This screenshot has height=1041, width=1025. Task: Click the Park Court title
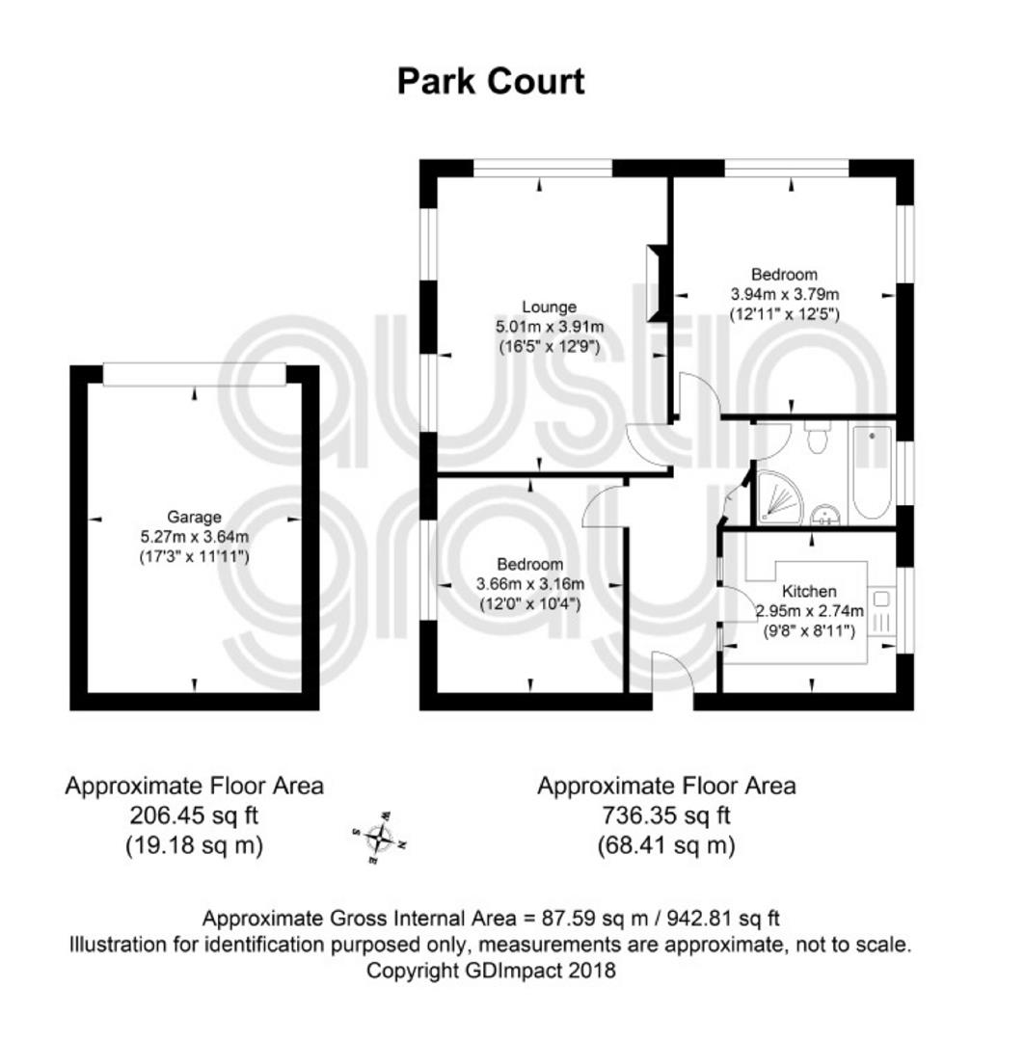click(490, 82)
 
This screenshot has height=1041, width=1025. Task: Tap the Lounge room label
click(549, 307)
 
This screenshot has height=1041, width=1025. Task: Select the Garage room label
click(194, 517)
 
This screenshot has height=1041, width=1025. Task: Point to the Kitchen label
click(808, 591)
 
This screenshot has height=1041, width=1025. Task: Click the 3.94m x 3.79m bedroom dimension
click(785, 294)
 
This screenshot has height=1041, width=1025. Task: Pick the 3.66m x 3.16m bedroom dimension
click(530, 584)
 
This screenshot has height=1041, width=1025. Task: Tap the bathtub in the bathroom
click(872, 472)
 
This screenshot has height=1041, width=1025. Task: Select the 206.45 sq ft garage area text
click(194, 815)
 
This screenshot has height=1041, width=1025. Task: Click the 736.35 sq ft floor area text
click(666, 815)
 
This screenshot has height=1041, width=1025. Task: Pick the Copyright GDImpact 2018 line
click(491, 971)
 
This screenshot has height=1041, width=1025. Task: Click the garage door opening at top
click(195, 374)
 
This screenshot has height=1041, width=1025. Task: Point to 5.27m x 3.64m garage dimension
click(194, 537)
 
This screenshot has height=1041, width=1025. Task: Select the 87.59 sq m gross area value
click(595, 919)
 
